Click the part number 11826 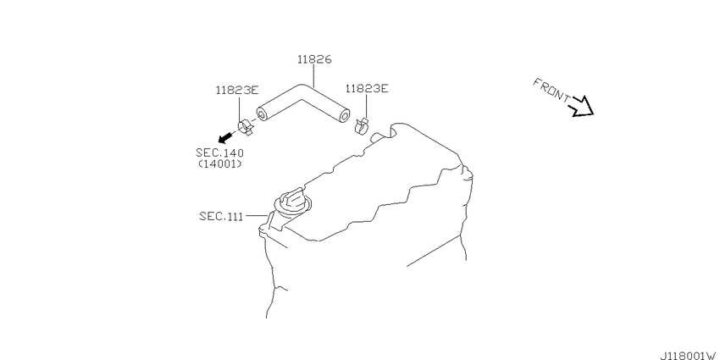[x=314, y=59]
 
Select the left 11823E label [x=237, y=90]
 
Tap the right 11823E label [x=367, y=88]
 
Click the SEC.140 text [x=219, y=153]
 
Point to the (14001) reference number [x=220, y=163]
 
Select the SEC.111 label [x=221, y=216]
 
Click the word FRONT [x=551, y=90]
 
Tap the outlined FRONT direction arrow [x=582, y=107]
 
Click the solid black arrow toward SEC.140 [x=225, y=137]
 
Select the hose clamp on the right [x=363, y=125]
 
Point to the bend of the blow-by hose [x=302, y=91]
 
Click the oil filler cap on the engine [x=292, y=202]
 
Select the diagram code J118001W [x=690, y=356]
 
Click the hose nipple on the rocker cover [x=378, y=136]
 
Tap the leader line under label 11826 [x=314, y=75]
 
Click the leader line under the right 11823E [x=367, y=106]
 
